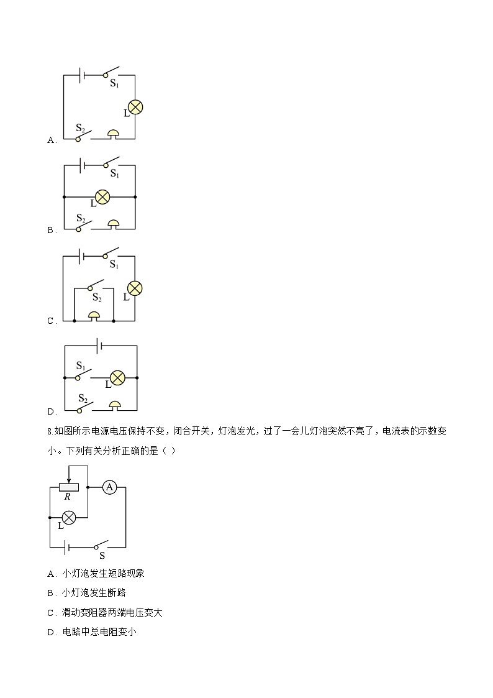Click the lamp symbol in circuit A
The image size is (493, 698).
click(x=135, y=107)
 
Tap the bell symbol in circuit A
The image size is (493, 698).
click(x=114, y=134)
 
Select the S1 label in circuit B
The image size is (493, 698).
click(x=115, y=173)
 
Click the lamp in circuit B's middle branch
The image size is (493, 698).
click(x=102, y=197)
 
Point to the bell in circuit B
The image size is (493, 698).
click(x=114, y=224)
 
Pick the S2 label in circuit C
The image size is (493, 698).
click(x=97, y=297)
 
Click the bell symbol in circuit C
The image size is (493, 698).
click(x=94, y=316)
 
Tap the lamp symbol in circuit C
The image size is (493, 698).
click(x=135, y=288)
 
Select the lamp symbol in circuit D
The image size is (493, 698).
click(x=117, y=378)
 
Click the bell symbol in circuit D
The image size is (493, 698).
click(x=115, y=406)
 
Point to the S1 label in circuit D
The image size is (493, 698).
click(x=81, y=366)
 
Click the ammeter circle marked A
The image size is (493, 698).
click(x=109, y=487)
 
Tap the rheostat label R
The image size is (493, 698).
click(x=68, y=497)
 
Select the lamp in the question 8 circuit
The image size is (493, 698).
click(x=68, y=518)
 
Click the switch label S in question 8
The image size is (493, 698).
click(x=102, y=556)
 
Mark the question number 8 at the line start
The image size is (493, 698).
click(x=49, y=431)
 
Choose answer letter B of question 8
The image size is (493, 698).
click(x=50, y=594)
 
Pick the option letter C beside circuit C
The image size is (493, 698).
click(x=50, y=321)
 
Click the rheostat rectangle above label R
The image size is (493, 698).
click(x=69, y=487)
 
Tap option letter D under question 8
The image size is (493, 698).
click(x=50, y=633)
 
